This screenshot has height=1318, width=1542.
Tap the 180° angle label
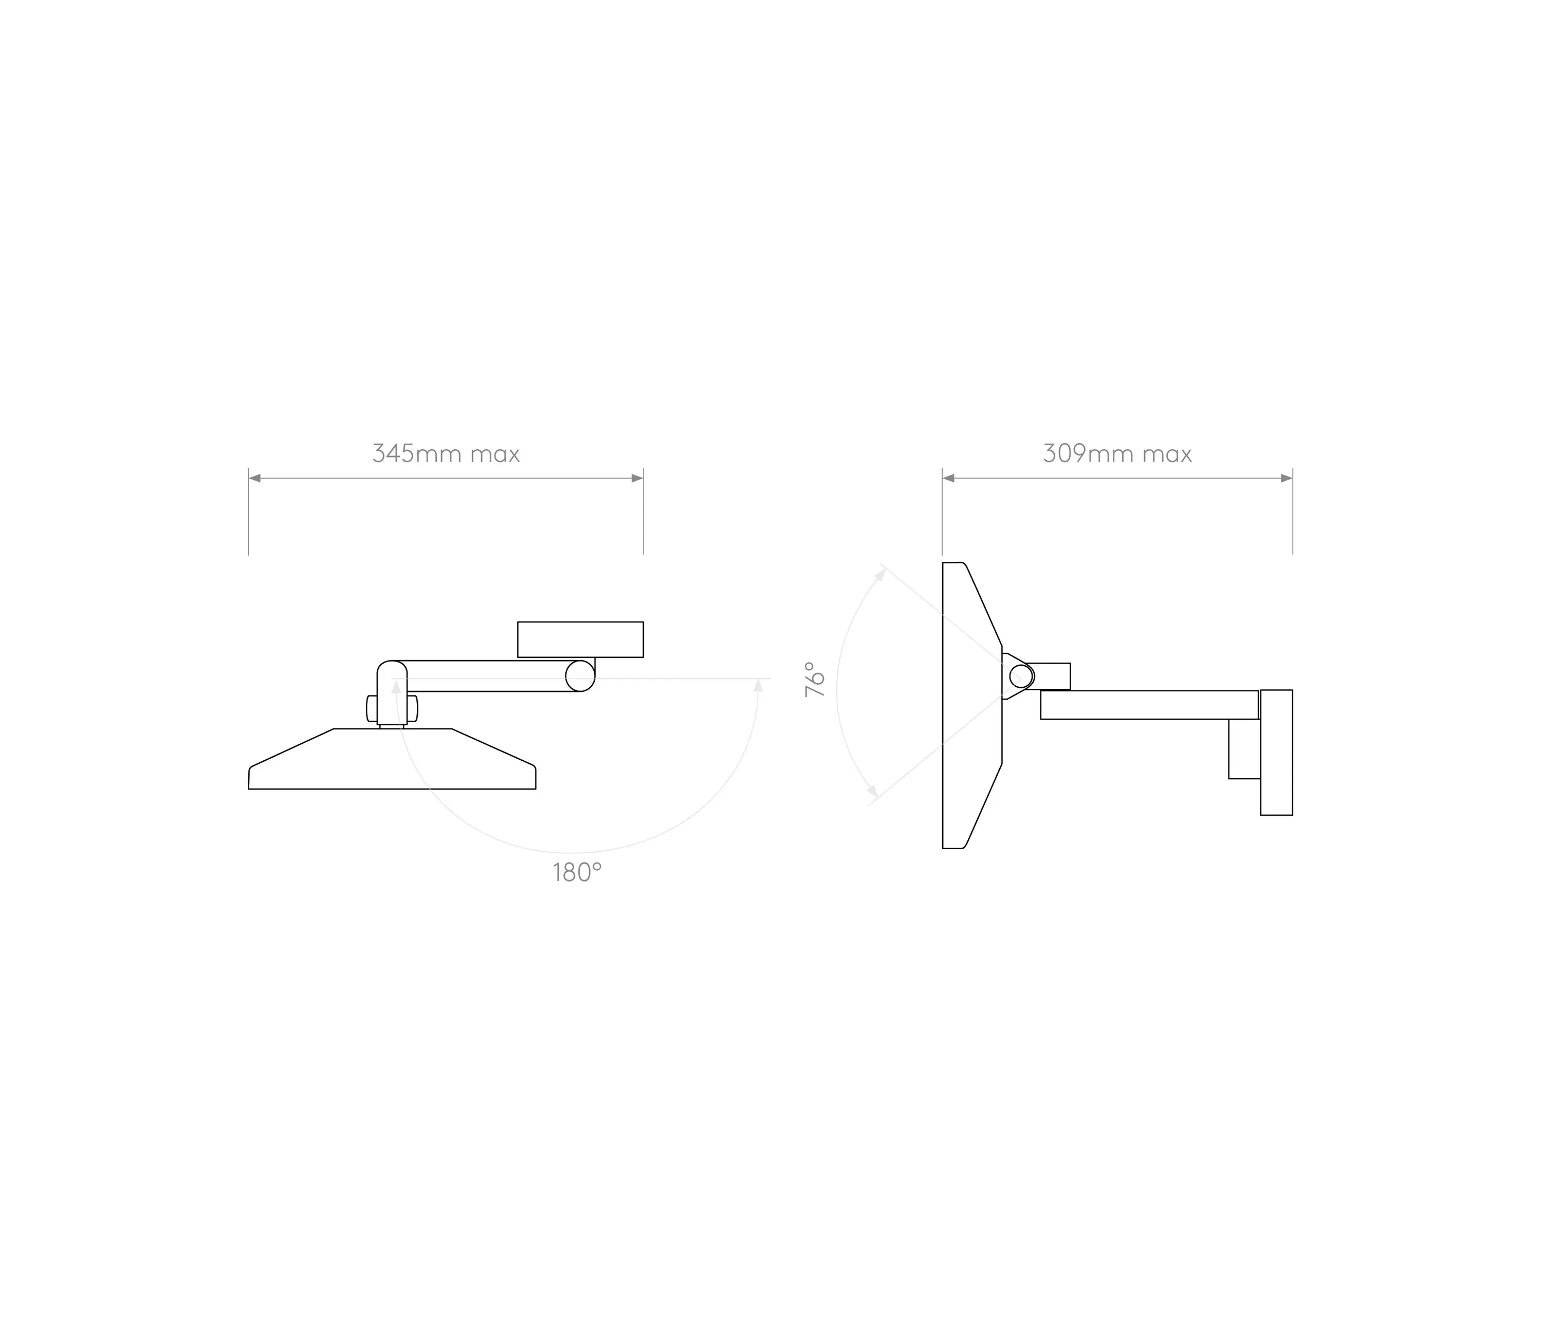click(577, 872)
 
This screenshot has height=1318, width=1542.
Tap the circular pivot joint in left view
click(580, 676)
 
